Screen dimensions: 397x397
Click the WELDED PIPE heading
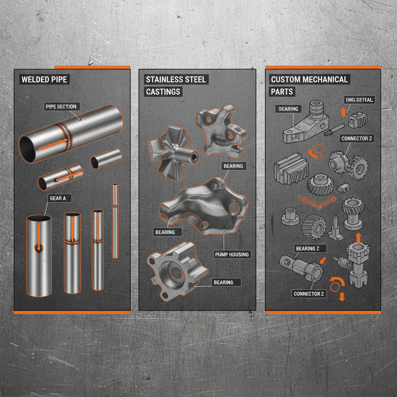(44, 80)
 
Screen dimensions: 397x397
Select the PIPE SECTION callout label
(61, 107)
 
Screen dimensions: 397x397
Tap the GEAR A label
(58, 198)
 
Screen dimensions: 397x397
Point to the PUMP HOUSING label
(232, 255)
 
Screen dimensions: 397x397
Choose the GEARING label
(288, 109)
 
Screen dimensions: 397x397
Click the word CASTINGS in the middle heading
(163, 92)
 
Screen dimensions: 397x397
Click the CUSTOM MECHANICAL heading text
(309, 80)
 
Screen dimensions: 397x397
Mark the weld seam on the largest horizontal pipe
(66, 137)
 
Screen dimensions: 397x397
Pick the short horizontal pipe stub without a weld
(106, 159)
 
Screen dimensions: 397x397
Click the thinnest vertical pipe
(115, 221)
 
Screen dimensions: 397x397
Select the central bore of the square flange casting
(176, 273)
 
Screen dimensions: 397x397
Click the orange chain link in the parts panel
(316, 199)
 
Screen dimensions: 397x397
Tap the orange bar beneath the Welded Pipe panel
(72, 312)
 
